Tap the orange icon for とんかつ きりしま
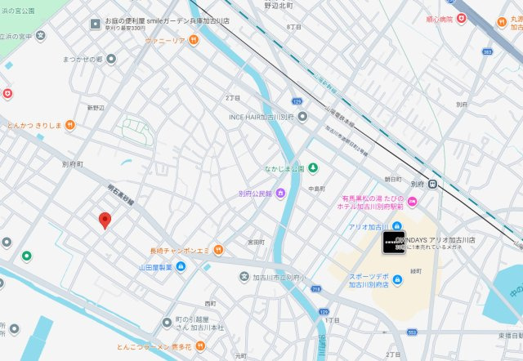point(70,125)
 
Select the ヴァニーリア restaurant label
point(167,39)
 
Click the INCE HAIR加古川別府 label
point(260,116)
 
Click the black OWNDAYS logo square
point(393,243)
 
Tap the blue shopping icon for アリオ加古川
point(397,225)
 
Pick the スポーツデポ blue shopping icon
point(397,280)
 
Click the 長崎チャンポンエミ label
point(180,250)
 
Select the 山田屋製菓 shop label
point(155,266)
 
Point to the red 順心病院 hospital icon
point(462,17)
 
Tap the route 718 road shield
point(316,289)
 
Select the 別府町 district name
point(72,164)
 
